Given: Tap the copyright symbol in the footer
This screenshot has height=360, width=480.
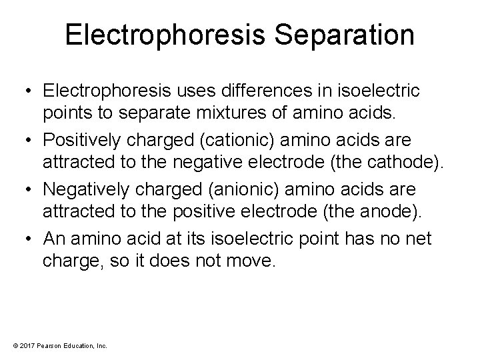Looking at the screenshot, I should point(11,345).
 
